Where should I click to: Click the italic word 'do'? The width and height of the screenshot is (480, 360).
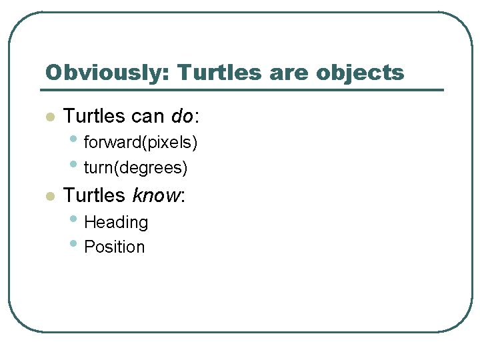pos(181,116)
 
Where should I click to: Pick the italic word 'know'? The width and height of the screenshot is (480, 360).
pos(157,195)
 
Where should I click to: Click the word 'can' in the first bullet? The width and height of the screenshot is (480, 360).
pos(147,117)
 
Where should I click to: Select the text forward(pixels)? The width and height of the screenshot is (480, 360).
pos(141,142)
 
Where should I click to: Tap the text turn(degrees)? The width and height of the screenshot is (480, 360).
pos(135,168)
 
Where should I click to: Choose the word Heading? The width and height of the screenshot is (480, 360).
pos(116,222)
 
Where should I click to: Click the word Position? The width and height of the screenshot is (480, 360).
pos(114,247)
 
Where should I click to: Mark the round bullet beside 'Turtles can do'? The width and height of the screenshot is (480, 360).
pos(49,117)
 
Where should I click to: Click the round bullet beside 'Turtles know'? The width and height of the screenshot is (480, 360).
pos(49,197)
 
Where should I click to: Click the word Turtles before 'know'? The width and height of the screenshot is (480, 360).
pos(94,195)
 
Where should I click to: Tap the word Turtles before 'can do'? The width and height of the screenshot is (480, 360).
pos(94,116)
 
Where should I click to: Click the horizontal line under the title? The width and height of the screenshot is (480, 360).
pos(243,90)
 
